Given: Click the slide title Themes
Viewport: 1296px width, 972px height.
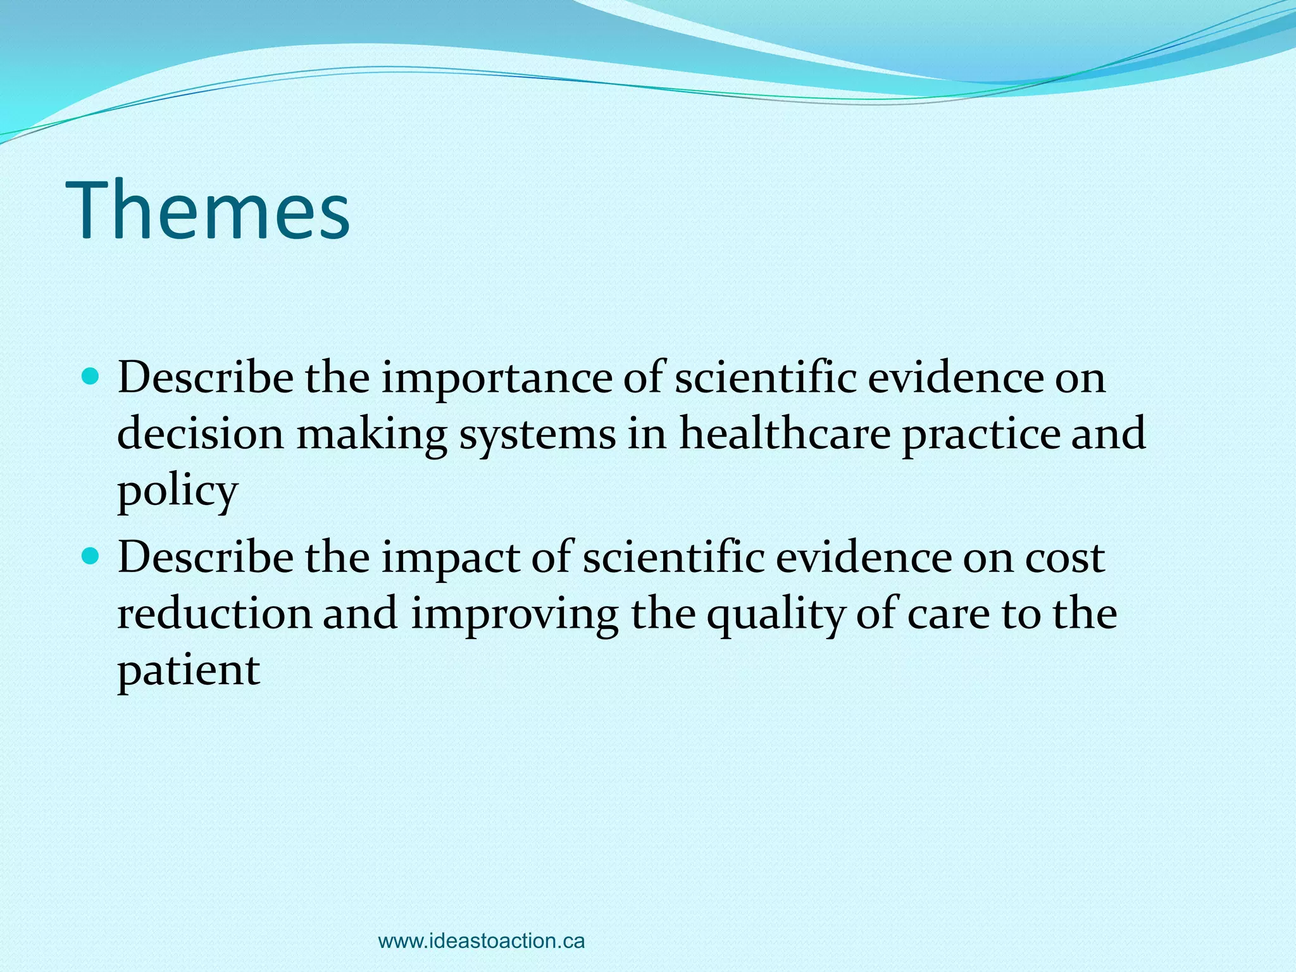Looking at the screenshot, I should click(x=211, y=210).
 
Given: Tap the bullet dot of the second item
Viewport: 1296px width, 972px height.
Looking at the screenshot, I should click(x=92, y=557).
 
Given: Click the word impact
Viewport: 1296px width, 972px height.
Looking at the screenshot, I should click(x=450, y=559).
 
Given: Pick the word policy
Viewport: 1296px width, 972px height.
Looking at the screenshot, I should click(x=177, y=492).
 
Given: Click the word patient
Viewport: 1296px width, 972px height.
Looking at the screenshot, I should click(x=189, y=671).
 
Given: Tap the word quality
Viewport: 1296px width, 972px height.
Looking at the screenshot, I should click(x=775, y=615).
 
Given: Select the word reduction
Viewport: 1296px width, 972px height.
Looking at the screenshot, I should click(x=215, y=614).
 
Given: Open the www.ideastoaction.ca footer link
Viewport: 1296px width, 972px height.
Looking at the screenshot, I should click(x=481, y=941).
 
